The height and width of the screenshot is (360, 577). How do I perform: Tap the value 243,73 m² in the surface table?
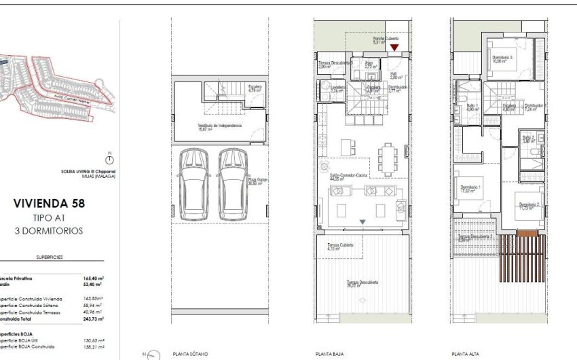pyautogui.click(x=93, y=319)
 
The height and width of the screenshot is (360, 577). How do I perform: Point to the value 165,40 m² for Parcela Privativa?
pyautogui.click(x=93, y=278)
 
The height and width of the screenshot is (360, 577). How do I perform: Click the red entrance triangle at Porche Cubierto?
pyautogui.click(x=394, y=48)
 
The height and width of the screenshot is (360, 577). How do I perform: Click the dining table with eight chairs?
pyautogui.click(x=388, y=158)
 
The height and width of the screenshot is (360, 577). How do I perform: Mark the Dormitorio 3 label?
pyautogui.click(x=502, y=58)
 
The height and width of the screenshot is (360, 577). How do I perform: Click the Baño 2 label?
pyautogui.click(x=529, y=138)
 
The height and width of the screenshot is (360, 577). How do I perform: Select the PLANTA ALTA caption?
pyautogui.click(x=468, y=354)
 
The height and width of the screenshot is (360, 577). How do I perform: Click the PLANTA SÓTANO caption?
pyautogui.click(x=191, y=354)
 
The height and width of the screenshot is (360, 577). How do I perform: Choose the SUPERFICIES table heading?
pyautogui.click(x=50, y=258)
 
